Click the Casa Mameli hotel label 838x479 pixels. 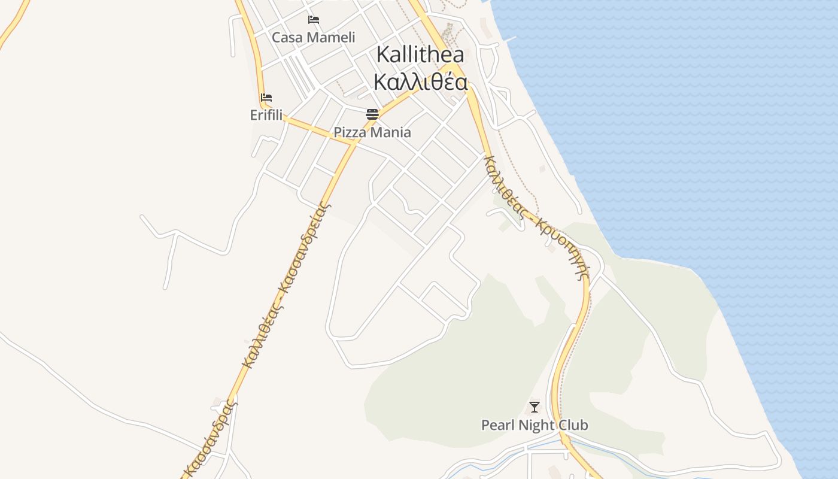[x=313, y=38]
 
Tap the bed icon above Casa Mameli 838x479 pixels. [x=313, y=20]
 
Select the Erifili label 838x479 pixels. [x=266, y=115]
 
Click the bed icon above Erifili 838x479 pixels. [x=266, y=98]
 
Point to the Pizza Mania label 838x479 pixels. [x=372, y=132]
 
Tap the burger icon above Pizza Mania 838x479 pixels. [x=372, y=114]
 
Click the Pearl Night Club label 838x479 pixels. [x=535, y=425]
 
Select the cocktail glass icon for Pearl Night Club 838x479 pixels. [x=535, y=408]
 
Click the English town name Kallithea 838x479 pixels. [x=420, y=54]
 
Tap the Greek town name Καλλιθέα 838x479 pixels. [x=420, y=82]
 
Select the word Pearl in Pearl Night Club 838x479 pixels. [x=497, y=425]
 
